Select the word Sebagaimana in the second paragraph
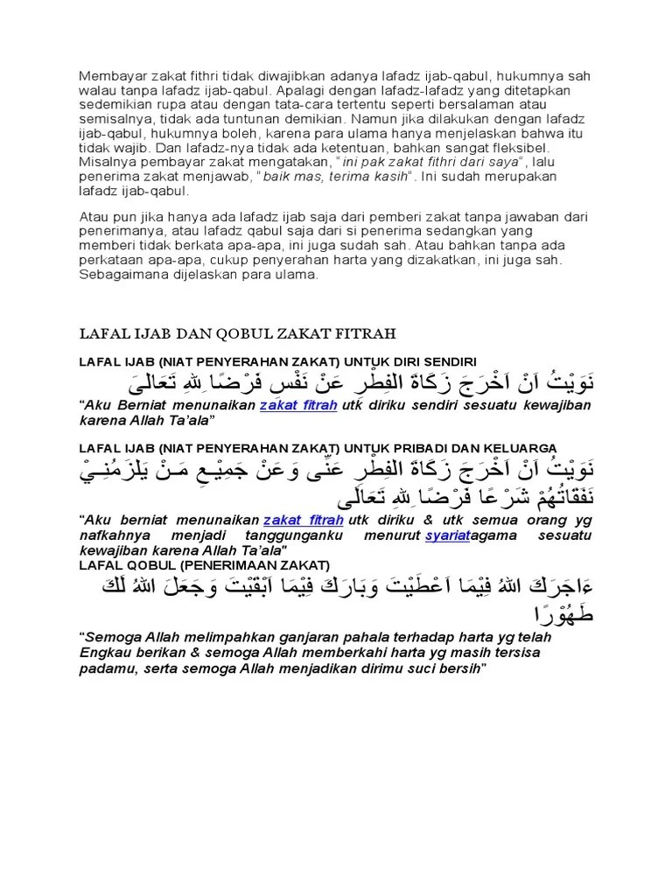coord(123,275)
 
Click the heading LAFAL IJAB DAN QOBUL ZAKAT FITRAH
coord(238,333)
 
